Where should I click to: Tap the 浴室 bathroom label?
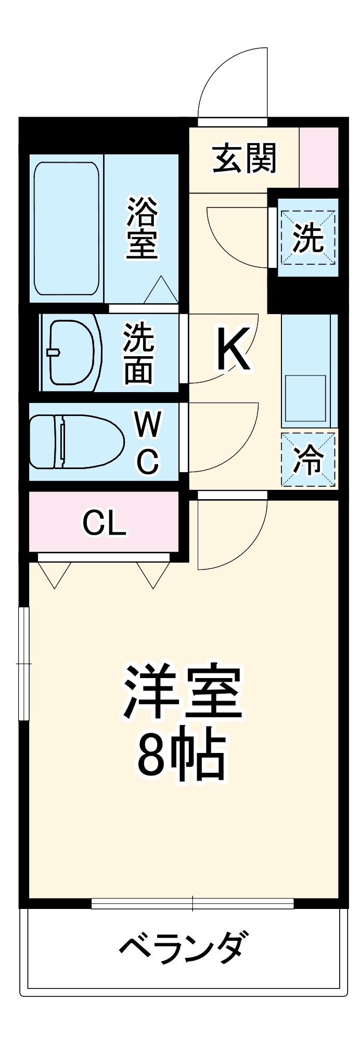[142, 227]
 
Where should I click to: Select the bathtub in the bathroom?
[66, 229]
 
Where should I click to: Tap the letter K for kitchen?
[234, 349]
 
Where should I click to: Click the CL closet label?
[104, 523]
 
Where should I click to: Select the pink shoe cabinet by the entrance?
[319, 157]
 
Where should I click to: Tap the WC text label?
[148, 442]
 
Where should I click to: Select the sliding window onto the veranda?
[192, 903]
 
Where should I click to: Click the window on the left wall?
[23, 664]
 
